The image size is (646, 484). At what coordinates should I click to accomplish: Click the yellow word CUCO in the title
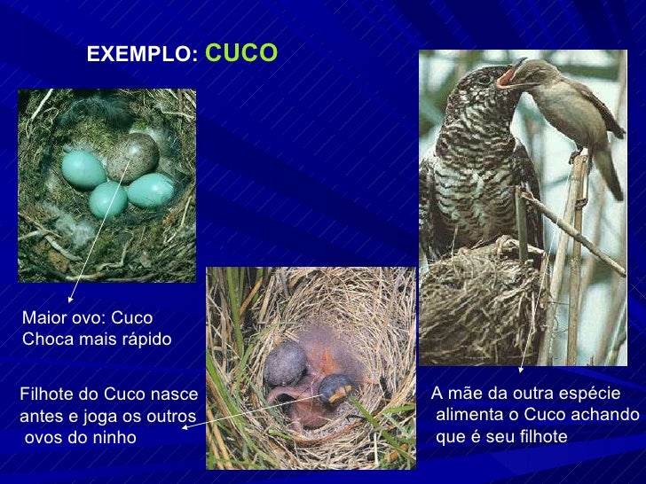click(241, 53)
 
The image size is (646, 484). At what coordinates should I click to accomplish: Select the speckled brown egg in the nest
click(132, 158)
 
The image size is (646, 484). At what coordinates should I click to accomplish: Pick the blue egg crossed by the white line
click(108, 199)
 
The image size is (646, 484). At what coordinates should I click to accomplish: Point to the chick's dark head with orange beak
click(335, 387)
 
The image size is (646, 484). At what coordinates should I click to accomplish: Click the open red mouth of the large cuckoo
click(508, 76)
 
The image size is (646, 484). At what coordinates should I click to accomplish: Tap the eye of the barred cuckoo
click(484, 77)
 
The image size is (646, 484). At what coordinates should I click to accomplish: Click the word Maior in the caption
click(43, 318)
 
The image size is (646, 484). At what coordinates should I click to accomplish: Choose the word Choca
click(44, 340)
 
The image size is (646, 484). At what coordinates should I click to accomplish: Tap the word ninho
click(114, 437)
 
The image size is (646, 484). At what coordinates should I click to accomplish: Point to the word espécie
click(590, 394)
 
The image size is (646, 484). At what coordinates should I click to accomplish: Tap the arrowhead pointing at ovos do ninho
click(186, 426)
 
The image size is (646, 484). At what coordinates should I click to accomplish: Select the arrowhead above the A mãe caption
click(521, 368)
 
